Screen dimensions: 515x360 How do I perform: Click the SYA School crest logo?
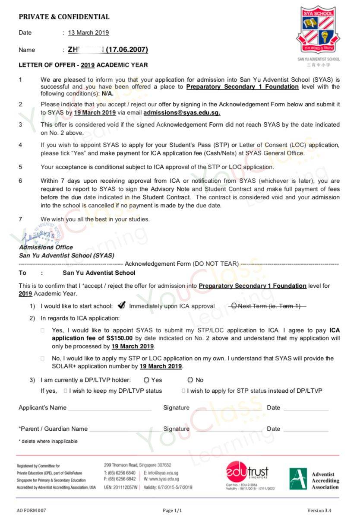[x=318, y=29]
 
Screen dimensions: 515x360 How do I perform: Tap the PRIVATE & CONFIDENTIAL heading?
[x=64, y=17]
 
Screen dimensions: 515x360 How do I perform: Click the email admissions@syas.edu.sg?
[x=182, y=112]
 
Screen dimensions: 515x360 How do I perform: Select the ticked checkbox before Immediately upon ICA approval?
[x=121, y=306]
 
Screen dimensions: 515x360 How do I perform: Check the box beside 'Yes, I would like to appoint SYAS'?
[x=43, y=330]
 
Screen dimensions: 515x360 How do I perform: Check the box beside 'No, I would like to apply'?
[x=43, y=359]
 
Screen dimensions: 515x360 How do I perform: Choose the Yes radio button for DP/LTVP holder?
[x=147, y=380]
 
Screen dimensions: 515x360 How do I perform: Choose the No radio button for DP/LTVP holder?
[x=190, y=380]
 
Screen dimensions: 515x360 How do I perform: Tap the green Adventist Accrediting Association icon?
[x=298, y=479]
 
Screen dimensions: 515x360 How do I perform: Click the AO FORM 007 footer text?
[x=31, y=510]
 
